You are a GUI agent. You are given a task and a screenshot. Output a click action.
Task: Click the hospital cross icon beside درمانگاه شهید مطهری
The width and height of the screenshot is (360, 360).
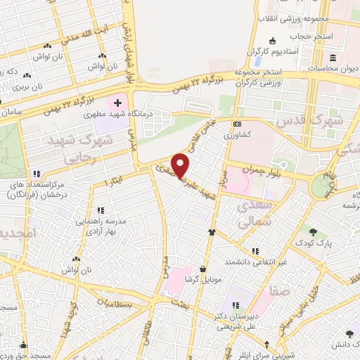tap(117, 103)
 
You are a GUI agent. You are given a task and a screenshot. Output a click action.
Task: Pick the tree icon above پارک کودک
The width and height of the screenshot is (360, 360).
tap(313, 233)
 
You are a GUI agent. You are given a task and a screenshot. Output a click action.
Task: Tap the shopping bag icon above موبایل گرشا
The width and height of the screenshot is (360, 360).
tap(203, 268)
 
